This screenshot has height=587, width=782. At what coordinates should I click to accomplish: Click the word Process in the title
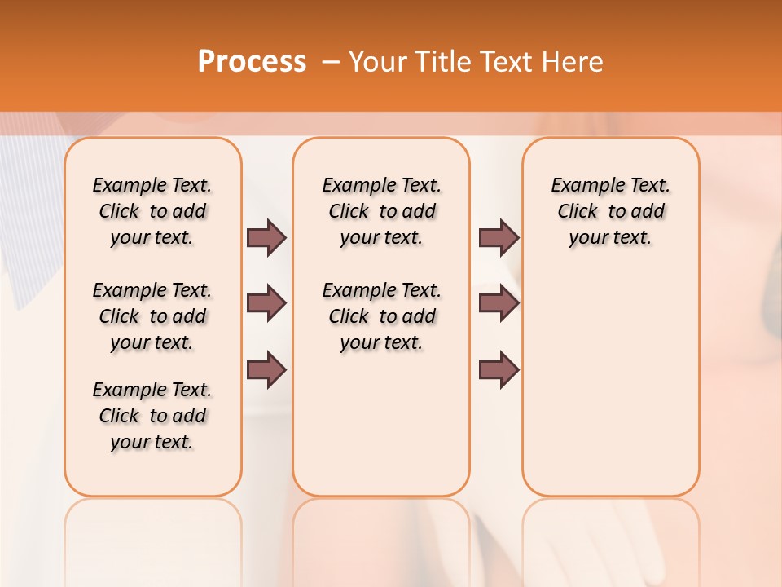coord(252,61)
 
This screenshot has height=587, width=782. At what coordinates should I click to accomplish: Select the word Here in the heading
coord(573,62)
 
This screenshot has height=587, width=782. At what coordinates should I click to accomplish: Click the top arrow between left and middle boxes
coord(266,237)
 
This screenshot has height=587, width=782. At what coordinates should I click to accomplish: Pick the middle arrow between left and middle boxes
coord(266,303)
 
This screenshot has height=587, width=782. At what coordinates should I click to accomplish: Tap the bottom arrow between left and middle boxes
coord(266,369)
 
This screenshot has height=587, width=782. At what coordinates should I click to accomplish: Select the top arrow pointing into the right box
coord(499,237)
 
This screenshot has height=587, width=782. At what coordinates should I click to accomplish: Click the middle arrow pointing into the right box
coord(499,303)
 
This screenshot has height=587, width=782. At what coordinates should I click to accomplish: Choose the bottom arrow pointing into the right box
coord(499,369)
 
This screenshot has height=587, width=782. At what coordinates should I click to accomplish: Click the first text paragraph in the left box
coord(152,211)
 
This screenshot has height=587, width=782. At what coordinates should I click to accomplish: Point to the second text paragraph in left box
coord(152,316)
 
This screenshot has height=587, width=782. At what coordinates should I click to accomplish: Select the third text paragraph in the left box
coord(152,416)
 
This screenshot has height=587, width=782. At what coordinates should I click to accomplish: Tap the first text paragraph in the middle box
coord(381,211)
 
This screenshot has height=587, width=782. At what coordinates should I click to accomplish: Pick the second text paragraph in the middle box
coord(381,316)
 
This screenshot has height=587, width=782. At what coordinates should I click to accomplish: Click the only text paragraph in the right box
coord(610,211)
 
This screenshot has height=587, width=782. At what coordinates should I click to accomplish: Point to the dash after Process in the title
coord(331,62)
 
